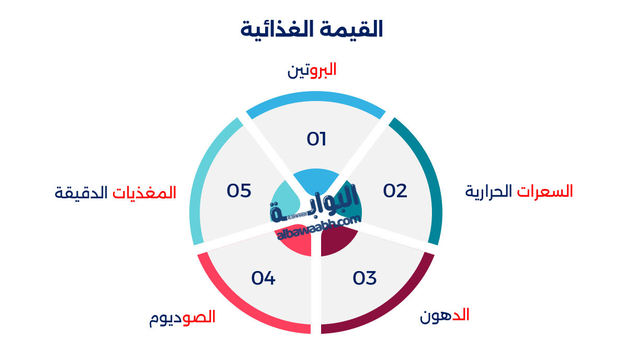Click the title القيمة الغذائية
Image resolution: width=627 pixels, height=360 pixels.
(x=312, y=29)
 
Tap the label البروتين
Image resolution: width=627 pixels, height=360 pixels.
(x=312, y=70)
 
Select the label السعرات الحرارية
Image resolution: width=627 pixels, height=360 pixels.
(x=519, y=192)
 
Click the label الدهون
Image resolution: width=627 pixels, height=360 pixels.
(x=444, y=316)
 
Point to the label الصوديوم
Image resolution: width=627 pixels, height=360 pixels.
(x=182, y=318)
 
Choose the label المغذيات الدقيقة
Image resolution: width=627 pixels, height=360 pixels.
(x=115, y=193)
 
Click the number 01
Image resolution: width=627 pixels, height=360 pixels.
(x=316, y=139)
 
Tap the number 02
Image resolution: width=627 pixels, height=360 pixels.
(x=395, y=191)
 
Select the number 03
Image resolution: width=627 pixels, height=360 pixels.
(x=364, y=278)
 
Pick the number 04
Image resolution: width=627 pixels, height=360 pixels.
(x=263, y=278)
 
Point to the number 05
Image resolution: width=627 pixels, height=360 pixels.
(x=239, y=191)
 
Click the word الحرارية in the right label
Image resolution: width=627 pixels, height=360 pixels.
(x=488, y=192)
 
